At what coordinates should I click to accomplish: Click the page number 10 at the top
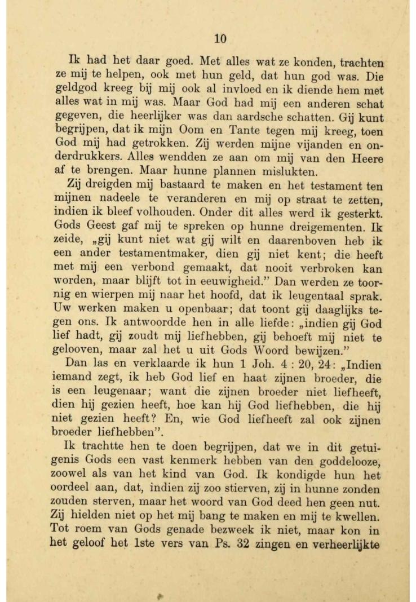(220, 38)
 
